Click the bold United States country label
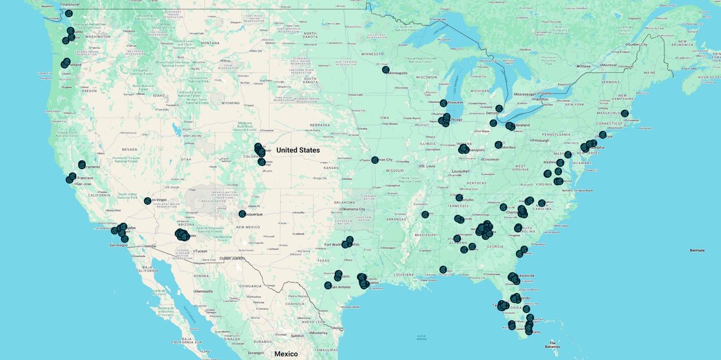298,150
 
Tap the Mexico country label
285,354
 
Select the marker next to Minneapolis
386,70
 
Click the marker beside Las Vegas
148,201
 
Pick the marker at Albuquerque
242,214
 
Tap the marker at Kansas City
375,160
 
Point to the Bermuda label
697,250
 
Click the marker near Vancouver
69,13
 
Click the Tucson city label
201,251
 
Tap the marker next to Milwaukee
443,103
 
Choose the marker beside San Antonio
328,286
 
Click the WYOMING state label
231,103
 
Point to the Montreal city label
608,65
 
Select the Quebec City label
638,44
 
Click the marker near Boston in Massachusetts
624,114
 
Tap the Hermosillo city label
204,291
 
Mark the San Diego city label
119,245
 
